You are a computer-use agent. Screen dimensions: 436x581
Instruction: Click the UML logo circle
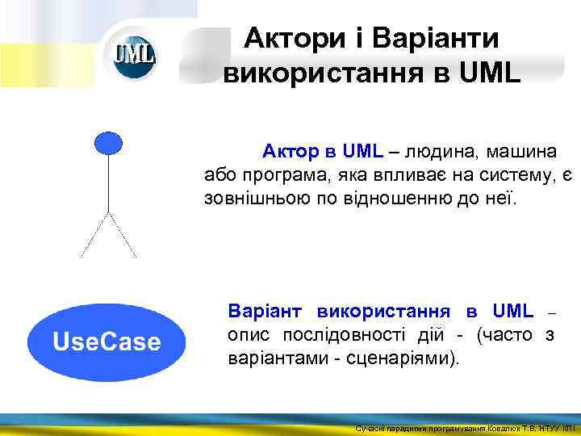(134, 56)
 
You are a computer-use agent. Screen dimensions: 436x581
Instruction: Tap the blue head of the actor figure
(108, 143)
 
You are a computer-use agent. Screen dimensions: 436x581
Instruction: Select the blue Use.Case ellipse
(107, 342)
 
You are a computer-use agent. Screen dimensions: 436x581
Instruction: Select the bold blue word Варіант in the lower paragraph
(267, 311)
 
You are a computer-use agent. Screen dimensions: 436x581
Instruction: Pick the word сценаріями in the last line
(411, 358)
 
